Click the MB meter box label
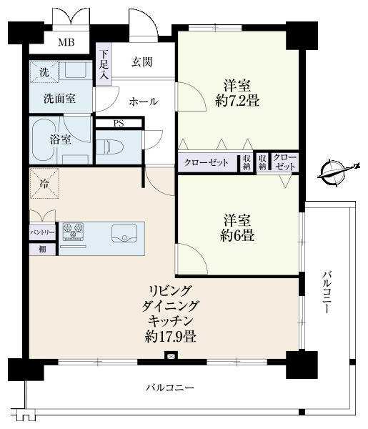tap(66, 42)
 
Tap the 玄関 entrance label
tap(141, 61)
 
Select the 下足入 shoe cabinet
tap(104, 64)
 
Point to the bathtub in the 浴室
tap(44, 140)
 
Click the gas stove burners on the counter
tap(73, 232)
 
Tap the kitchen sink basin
tap(124, 233)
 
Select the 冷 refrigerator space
tap(44, 184)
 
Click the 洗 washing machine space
tap(44, 71)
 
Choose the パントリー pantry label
tap(42, 233)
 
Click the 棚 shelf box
tap(43, 250)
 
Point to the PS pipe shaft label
tap(119, 124)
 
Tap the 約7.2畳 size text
tap(237, 102)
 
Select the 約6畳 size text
tap(237, 235)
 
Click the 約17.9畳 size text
tap(170, 336)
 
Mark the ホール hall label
tap(143, 102)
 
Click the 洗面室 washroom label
tap(59, 99)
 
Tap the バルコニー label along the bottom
tap(169, 388)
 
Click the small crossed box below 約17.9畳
tap(171, 356)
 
